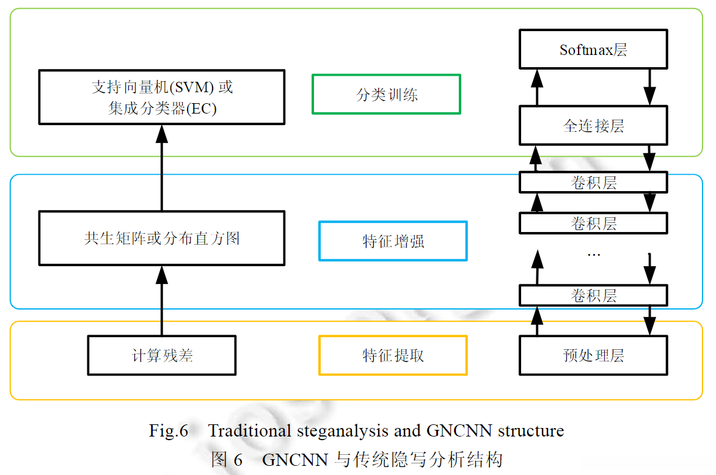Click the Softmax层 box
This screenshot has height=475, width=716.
593,49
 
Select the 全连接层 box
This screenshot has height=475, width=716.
593,125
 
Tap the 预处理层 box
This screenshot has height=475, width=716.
593,355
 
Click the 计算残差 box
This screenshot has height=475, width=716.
162,355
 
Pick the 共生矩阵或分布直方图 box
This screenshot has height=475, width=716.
162,238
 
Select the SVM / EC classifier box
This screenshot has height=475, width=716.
162,97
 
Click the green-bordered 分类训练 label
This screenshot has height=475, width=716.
386,95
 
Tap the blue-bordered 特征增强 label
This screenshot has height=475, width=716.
393,241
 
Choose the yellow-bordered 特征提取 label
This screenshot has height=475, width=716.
393,355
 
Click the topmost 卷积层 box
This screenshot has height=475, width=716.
593,183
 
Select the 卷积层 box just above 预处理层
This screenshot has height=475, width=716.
593,296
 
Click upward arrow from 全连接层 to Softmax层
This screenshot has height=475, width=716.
537,87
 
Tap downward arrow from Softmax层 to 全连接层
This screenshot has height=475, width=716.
649,87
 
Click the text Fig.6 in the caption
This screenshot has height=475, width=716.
169,431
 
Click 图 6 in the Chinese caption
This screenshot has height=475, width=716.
227,459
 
